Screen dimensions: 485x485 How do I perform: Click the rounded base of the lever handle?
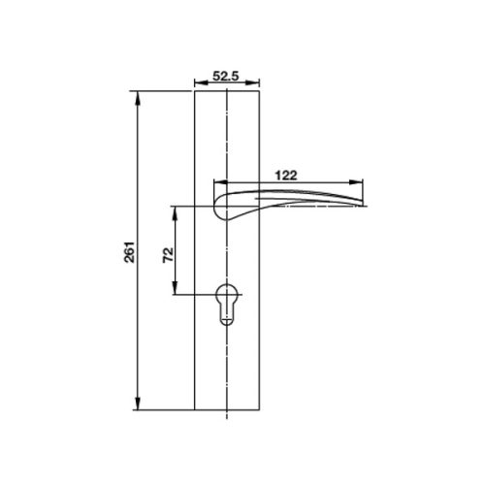coord(219,207)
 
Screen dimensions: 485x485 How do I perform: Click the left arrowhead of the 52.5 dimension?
coord(197,81)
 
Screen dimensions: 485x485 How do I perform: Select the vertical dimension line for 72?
coord(176,233)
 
